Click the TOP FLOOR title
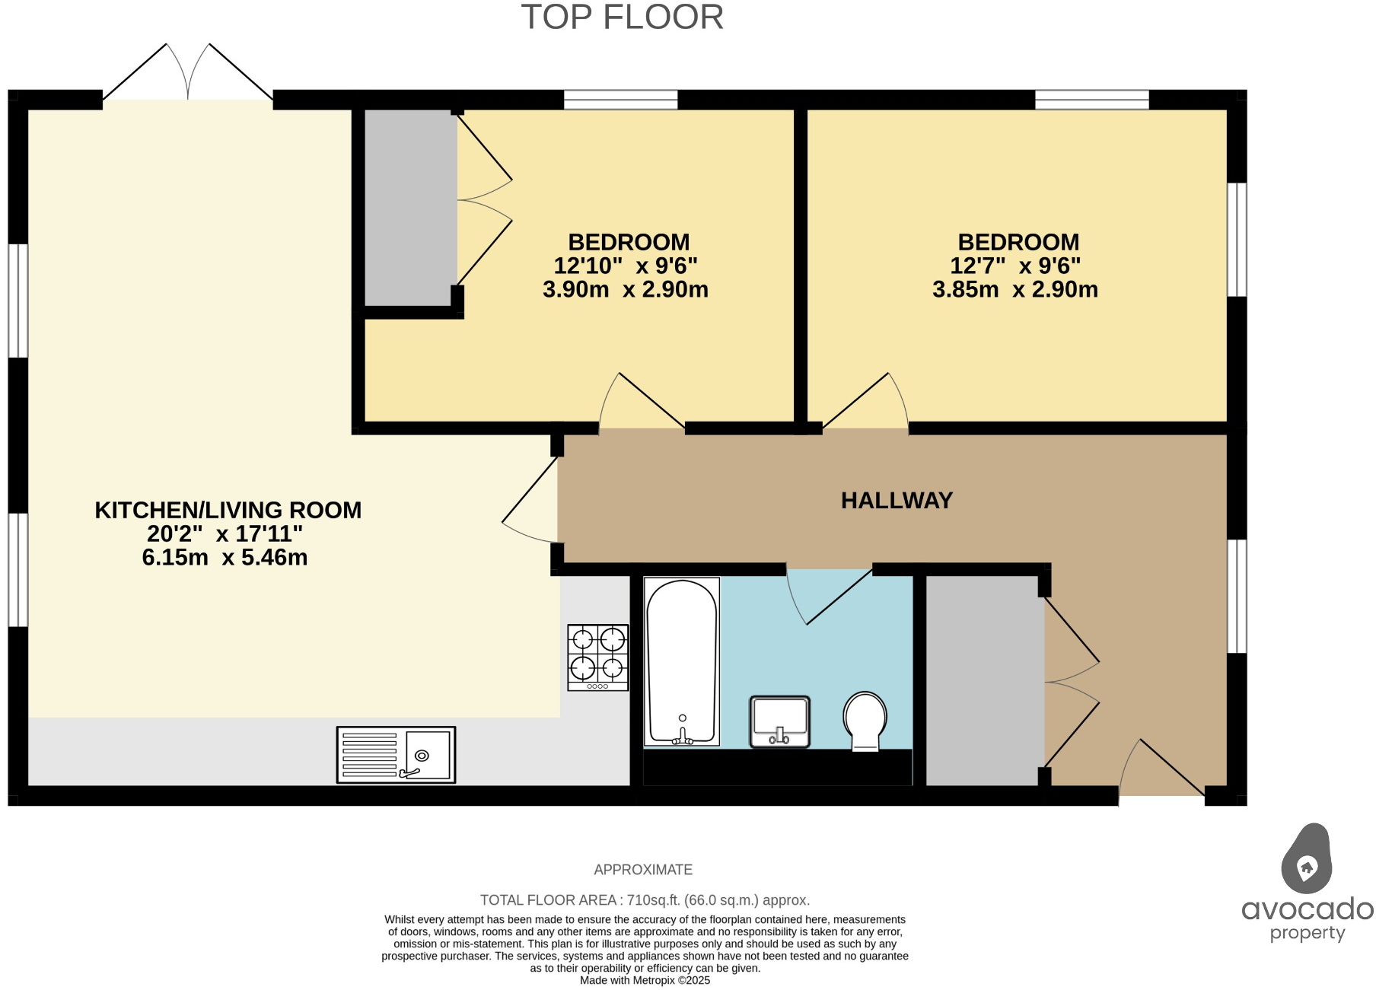(622, 18)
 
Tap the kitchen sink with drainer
(396, 755)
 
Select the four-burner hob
(597, 657)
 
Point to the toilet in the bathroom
(865, 720)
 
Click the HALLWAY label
(897, 501)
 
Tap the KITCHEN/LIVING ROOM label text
(228, 510)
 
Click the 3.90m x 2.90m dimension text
(625, 290)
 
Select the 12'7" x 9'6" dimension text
(1015, 266)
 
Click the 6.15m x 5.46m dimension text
(225, 558)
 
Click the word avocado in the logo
(1307, 909)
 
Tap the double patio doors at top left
(188, 74)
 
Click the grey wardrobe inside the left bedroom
(410, 208)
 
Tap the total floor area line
(645, 900)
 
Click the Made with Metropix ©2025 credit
(645, 980)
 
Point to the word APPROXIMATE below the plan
(643, 870)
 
